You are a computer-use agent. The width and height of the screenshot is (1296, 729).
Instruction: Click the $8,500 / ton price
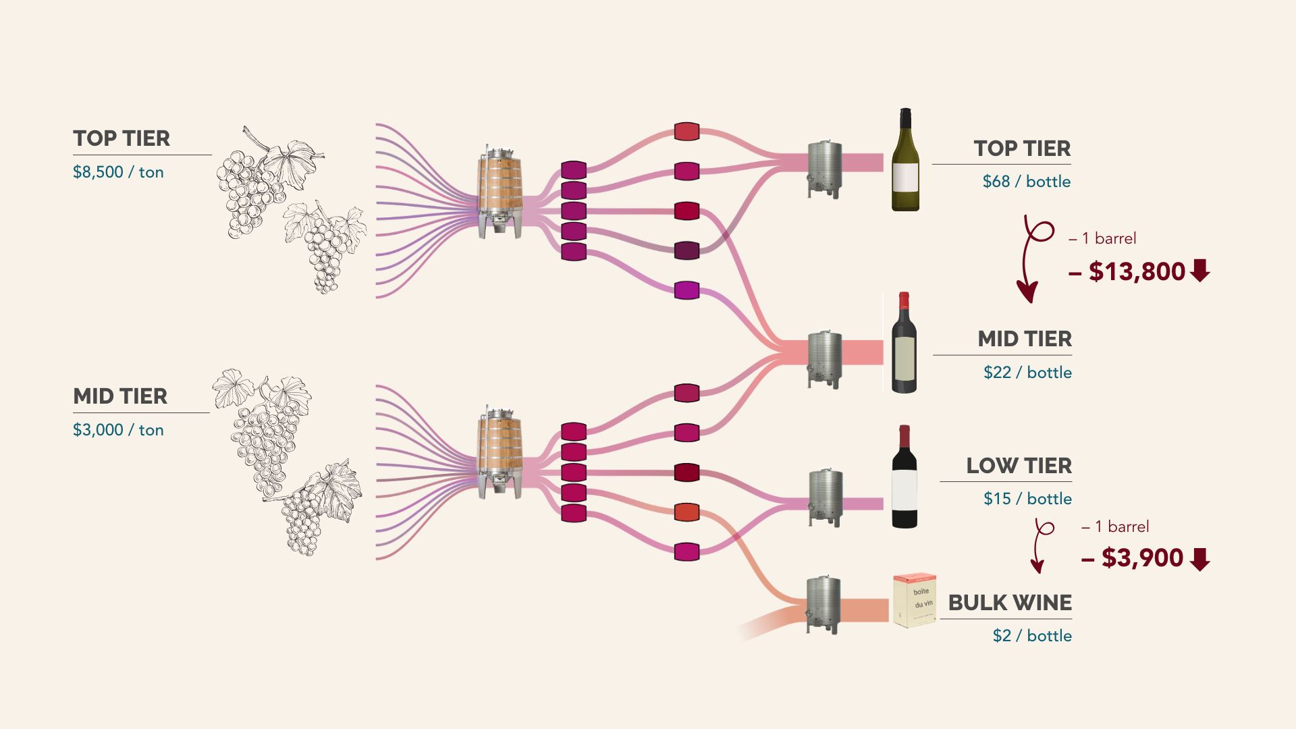(x=118, y=172)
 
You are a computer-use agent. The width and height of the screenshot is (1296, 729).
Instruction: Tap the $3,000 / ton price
(x=118, y=430)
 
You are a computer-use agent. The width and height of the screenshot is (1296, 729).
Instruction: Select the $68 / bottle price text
(x=1026, y=182)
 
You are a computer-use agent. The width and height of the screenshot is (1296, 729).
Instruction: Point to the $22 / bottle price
(x=1027, y=373)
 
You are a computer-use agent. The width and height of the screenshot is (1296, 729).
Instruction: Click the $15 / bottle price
(x=1027, y=499)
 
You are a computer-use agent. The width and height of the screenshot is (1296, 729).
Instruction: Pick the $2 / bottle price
(x=1031, y=636)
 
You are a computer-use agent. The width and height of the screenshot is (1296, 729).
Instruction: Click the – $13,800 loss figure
(x=1127, y=271)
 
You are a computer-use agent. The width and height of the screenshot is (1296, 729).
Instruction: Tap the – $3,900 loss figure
(x=1133, y=558)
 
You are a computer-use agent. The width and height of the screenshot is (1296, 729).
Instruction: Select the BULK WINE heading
(x=1009, y=603)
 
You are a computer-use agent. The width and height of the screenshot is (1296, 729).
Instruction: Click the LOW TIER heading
(x=1018, y=466)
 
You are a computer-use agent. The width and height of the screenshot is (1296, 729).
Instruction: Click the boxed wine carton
(x=914, y=600)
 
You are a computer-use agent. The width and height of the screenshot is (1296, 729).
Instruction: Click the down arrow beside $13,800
(x=1200, y=271)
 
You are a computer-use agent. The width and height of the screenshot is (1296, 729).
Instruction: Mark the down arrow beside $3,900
(x=1200, y=559)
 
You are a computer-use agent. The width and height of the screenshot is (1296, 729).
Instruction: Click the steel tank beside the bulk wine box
(x=823, y=604)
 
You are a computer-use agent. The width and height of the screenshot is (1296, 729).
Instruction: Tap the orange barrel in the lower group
(x=686, y=512)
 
